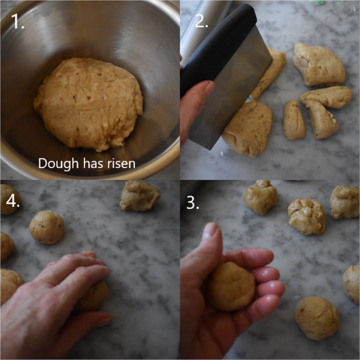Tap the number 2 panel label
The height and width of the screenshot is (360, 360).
point(201,21)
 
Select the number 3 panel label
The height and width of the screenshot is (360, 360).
point(193,203)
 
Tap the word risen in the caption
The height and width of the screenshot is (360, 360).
point(121,164)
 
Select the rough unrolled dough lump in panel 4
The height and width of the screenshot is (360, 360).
point(140,195)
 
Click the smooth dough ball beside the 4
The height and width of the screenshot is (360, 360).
point(47,227)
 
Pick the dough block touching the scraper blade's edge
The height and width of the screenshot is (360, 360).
point(250,128)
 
